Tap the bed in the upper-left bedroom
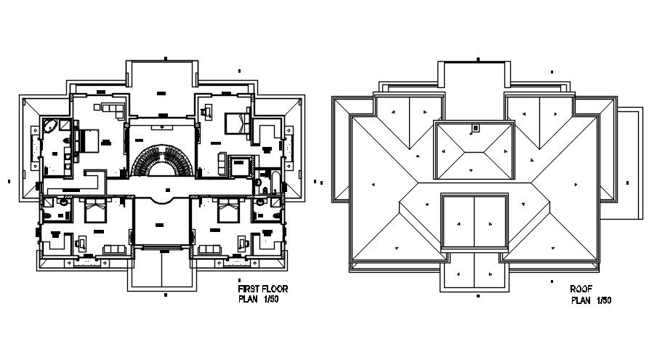[87, 138]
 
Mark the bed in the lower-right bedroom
[227, 212]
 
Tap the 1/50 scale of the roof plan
[604, 300]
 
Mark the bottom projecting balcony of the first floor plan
[161, 269]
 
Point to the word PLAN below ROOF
[581, 300]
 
